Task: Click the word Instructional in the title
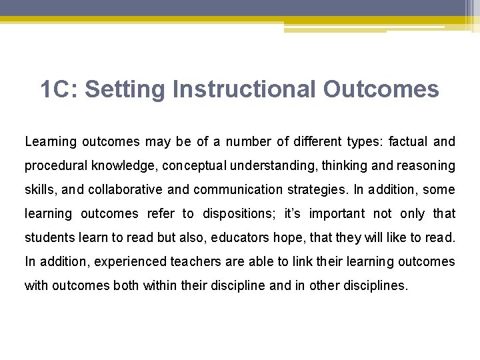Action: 245,89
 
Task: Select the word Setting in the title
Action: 125,89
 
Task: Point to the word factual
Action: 409,141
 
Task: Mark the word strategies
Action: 317,189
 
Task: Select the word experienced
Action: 117,261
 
